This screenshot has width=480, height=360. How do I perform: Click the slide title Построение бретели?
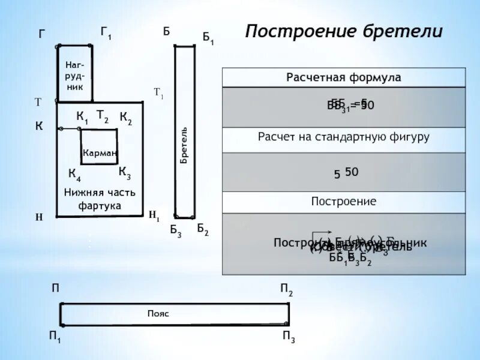point(344,31)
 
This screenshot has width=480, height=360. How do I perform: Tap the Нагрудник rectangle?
point(74,74)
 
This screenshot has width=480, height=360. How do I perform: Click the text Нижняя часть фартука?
point(100,199)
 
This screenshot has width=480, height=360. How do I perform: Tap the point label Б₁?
point(208,39)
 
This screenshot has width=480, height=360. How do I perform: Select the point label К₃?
point(125,173)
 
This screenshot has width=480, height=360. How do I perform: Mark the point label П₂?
point(287,291)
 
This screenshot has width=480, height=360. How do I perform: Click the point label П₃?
point(289,337)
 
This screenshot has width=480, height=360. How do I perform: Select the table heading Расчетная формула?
point(344,78)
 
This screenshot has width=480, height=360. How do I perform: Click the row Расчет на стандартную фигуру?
point(344,137)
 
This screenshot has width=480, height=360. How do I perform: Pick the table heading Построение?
point(344,201)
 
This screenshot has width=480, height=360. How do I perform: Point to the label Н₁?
point(154,215)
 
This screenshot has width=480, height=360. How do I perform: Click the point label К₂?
point(125,118)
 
